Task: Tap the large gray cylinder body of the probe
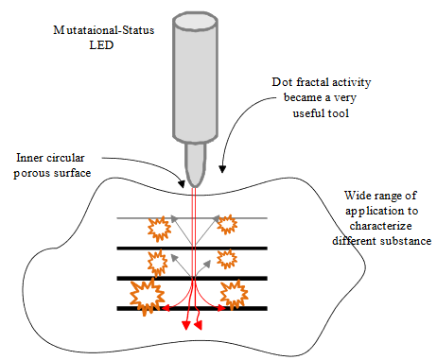point(198,76)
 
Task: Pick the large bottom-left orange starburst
point(148,296)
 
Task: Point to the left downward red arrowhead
point(186,326)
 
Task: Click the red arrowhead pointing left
point(164,308)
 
